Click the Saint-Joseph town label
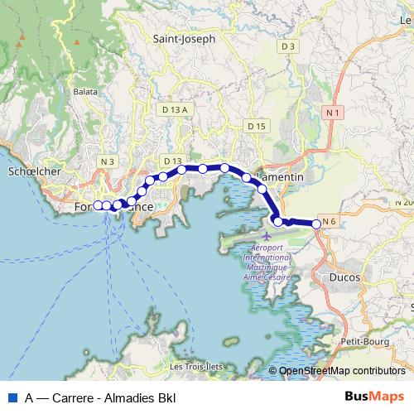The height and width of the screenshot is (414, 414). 184,39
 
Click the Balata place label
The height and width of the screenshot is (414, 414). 85,92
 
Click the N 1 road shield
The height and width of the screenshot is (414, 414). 333,112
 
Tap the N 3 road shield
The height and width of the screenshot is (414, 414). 107,161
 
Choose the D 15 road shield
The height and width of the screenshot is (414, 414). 256,125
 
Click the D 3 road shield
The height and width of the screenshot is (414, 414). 287,47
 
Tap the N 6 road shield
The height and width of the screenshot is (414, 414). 329,220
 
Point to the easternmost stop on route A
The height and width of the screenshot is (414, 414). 316,224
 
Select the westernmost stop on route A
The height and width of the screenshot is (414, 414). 98,205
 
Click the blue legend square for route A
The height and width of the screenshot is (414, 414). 12,397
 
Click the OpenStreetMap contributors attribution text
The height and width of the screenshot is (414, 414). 342,372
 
